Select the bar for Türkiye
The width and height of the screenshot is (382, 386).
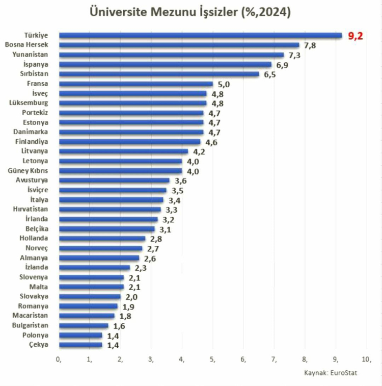pos(200,35)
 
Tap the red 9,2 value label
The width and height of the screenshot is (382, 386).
pos(356,36)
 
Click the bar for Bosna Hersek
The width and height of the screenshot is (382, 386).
pos(179,45)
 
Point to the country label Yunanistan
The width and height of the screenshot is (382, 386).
pos(31,55)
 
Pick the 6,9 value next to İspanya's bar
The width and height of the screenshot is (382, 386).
pos(283,65)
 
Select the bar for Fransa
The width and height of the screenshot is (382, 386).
pos(136,84)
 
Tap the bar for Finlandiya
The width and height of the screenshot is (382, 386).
pos(130,142)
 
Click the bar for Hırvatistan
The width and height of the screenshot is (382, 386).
pos(110,210)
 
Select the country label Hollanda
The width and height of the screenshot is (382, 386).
pos(34,238)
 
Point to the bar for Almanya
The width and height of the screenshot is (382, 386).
pos(99,258)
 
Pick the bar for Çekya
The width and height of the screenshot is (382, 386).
pos(80,345)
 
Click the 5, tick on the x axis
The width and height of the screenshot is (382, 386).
pos(213,360)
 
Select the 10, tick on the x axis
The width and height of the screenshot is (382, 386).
pos(366,360)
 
